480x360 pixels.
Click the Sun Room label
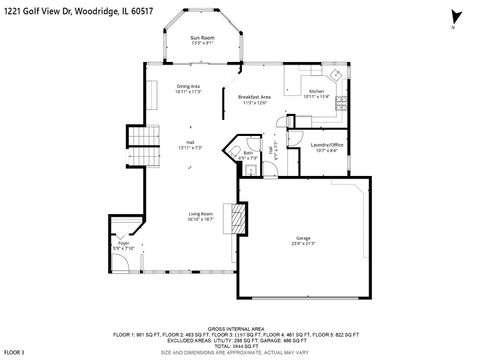tap(203, 37)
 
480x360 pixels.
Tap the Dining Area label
tap(189, 87)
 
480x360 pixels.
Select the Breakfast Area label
tap(254, 97)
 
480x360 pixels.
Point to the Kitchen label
tap(316, 91)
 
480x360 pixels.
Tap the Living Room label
tap(201, 213)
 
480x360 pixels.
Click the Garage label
tap(302, 238)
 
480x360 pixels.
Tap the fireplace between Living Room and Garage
tap(236, 217)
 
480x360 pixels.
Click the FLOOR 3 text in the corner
tap(14, 352)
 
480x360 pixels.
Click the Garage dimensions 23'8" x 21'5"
tap(302, 243)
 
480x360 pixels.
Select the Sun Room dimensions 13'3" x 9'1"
tap(203, 43)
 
